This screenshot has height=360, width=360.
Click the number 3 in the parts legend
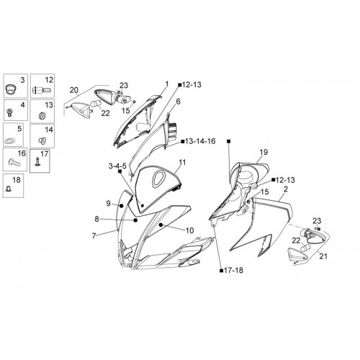tap(22, 80)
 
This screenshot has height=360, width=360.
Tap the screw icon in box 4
tap(9, 112)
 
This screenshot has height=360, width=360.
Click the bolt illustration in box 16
tap(14, 163)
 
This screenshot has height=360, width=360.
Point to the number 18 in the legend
tap(17, 180)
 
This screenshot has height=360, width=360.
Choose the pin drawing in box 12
tap(42, 91)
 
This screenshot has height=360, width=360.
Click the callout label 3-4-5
tap(117, 166)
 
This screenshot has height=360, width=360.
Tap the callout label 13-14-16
tap(200, 141)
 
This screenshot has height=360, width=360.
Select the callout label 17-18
tap(233, 270)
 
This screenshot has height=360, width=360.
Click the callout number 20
tap(73, 90)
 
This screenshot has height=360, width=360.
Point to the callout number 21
tap(323, 256)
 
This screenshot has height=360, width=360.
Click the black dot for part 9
tap(122, 206)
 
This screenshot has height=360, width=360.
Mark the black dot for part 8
tap(135, 220)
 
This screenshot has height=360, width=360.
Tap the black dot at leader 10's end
tap(161, 225)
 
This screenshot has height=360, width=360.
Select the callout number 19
tap(264, 152)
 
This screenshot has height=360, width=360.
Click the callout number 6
tap(178, 102)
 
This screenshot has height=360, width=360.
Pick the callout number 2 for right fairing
tap(285, 189)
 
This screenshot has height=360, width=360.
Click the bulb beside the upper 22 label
tap(96, 104)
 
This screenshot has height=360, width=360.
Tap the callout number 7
tap(94, 236)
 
